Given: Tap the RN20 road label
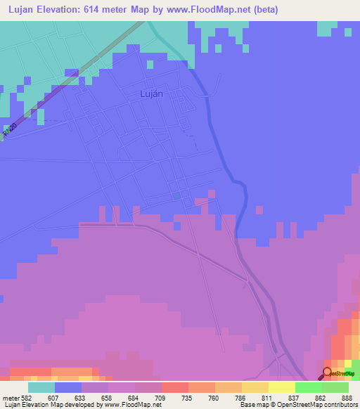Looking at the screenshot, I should [9, 131].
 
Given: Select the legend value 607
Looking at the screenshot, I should [54, 397].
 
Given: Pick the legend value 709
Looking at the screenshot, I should [161, 397].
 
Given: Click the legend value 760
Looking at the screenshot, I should [214, 397].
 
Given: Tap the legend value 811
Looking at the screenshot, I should [268, 397].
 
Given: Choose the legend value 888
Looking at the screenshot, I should [347, 397].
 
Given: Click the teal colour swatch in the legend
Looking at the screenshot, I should [41, 387].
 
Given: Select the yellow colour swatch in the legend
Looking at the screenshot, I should [281, 387].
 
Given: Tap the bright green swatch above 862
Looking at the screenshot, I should [308, 387].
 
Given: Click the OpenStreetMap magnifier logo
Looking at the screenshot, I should [328, 373].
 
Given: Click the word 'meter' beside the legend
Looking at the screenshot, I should [10, 397].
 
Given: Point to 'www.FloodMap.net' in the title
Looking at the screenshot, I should [210, 9].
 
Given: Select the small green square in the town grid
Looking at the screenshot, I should [176, 195].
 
